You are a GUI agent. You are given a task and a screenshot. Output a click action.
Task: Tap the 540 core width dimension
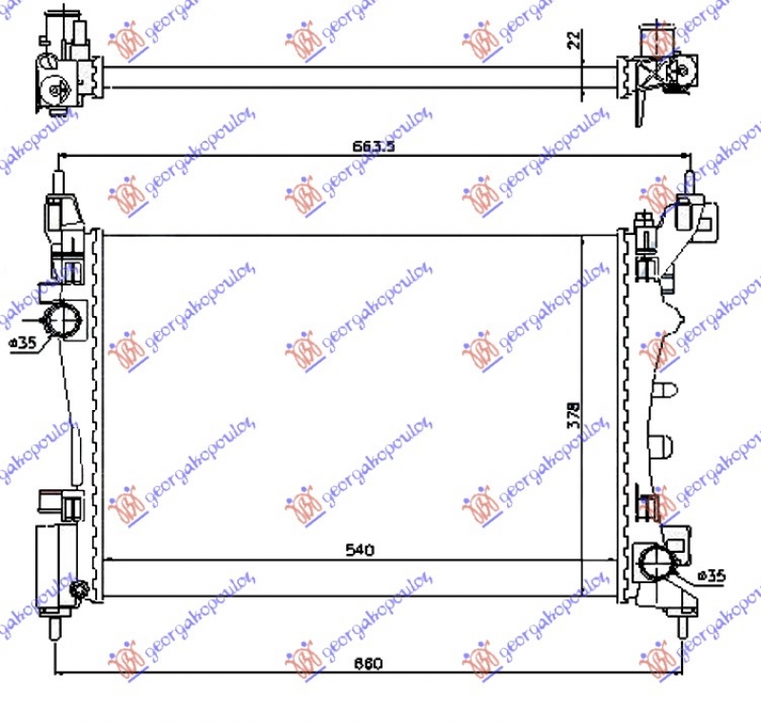click(361, 550)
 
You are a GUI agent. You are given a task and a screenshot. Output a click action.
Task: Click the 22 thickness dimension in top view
click(574, 40)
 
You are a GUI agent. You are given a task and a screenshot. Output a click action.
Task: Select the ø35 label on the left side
click(24, 343)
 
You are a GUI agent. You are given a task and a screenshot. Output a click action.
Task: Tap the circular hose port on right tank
click(657, 564)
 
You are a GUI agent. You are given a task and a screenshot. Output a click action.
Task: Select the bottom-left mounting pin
click(55, 629)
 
